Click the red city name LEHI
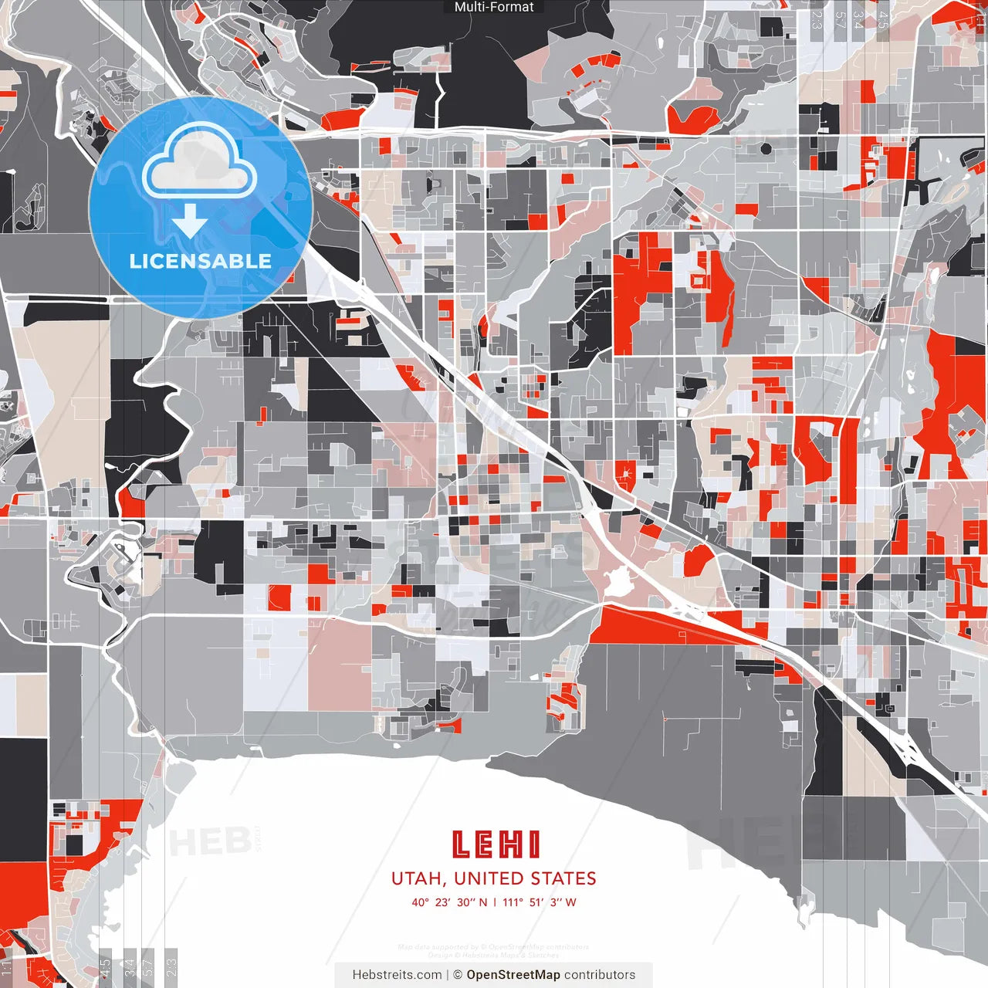(x=495, y=844)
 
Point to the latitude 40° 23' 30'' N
(x=449, y=902)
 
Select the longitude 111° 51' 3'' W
(x=540, y=902)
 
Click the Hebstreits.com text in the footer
(x=397, y=975)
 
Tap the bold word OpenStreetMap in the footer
(x=513, y=975)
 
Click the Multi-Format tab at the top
(x=494, y=7)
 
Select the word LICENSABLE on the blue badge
(x=201, y=261)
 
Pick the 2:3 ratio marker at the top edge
(x=817, y=19)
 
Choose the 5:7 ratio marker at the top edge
(x=840, y=19)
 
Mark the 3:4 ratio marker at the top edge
(x=858, y=19)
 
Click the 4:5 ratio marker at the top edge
(x=883, y=19)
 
